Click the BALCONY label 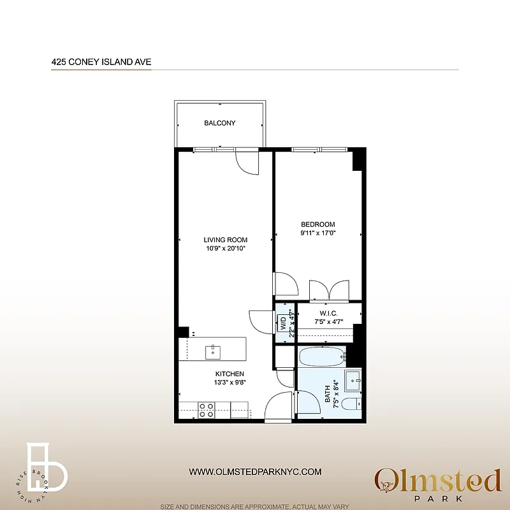click(220, 123)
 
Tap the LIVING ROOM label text click(225, 240)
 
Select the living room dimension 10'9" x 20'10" click(225, 249)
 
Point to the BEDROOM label click(318, 224)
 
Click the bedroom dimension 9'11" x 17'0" click(318, 233)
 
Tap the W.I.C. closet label click(329, 313)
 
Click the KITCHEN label click(229, 374)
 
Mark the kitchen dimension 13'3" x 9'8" click(229, 382)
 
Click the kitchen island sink click(213, 351)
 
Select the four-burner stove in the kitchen click(206, 409)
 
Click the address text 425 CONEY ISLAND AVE click(101, 62)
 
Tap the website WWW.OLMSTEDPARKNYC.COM click(255, 472)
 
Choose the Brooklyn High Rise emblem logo click(45, 469)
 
